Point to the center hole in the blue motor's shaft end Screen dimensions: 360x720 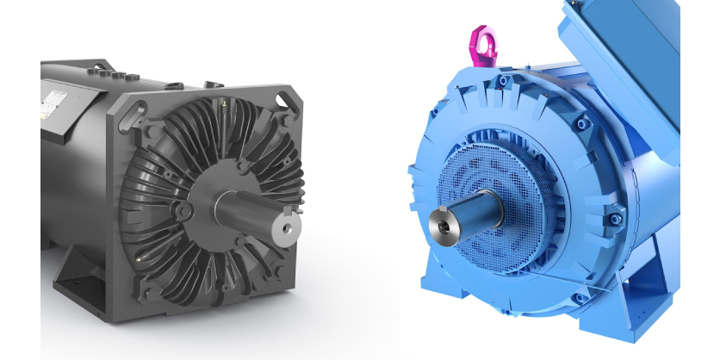(x=444, y=226)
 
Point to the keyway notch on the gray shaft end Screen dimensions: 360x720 (x=289, y=230)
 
